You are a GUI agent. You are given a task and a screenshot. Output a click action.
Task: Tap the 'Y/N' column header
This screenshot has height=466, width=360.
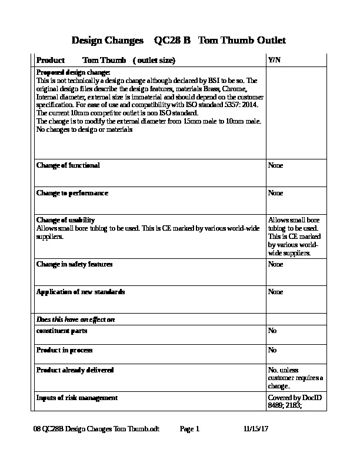coord(274,61)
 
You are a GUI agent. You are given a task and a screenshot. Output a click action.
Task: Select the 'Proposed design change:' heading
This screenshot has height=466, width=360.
coord(74,72)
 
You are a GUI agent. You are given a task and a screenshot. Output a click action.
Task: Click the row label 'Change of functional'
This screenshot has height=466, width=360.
coord(68,165)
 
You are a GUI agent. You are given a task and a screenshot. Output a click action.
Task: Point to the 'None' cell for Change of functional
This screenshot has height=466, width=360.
coord(275,165)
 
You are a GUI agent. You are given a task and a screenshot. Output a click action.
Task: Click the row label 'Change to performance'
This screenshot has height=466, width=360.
coord(72,193)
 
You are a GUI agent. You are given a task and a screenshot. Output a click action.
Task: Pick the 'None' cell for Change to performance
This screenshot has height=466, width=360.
coord(275,193)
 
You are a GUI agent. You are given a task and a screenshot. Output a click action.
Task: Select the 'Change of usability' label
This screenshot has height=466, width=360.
coord(66,220)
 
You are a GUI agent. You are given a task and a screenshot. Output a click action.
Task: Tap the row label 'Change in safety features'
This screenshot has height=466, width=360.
coord(75,264)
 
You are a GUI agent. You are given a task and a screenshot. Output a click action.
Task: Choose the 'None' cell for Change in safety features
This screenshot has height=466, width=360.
coord(275,264)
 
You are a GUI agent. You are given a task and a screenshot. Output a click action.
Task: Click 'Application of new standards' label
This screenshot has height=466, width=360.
coord(81,292)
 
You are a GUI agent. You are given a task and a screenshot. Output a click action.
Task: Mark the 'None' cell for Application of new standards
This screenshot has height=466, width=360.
coord(275,292)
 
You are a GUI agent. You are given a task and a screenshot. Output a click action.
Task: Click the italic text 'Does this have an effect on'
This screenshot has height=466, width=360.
coord(75,319)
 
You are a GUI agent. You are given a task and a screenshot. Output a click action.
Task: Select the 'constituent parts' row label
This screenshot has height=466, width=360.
coord(62,331)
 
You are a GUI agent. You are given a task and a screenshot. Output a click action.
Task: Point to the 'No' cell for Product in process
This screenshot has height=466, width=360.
coord(272,350)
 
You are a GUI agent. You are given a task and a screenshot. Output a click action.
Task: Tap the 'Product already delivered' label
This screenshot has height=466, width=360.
coord(75,370)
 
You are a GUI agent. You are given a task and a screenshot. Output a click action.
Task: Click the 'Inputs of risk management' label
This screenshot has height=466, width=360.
coord(77,398)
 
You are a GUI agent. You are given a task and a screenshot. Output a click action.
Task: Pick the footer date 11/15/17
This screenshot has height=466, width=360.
coord(255,430)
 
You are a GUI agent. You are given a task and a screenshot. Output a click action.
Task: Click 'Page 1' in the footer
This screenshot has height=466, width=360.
coord(190,430)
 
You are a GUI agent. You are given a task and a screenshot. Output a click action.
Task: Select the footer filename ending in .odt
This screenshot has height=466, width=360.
coord(96,430)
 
